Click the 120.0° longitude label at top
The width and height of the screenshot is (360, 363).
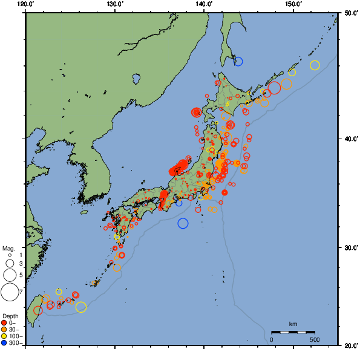[26, 4]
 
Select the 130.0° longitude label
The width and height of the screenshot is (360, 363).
[115, 4]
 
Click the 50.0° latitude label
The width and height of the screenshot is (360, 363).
[349, 12]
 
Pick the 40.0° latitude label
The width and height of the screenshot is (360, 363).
[349, 139]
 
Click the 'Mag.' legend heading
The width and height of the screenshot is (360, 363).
[8, 248]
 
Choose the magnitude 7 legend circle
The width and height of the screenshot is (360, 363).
[9, 292]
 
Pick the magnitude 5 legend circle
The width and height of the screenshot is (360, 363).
[9, 275]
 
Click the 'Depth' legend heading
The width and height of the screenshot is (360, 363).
[10, 316]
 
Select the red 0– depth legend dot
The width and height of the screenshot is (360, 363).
[4, 323]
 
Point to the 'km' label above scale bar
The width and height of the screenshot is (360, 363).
[293, 324]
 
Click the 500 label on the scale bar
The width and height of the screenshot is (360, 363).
[314, 339]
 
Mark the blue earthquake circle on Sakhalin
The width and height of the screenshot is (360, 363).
[238, 61]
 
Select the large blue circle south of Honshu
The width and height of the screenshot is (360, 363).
[183, 223]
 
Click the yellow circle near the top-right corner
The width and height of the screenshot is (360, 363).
[315, 65]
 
